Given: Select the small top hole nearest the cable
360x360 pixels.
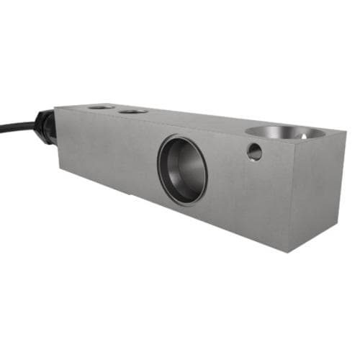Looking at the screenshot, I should pyautogui.click(x=102, y=107).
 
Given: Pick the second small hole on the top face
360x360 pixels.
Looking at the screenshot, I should pyautogui.click(x=133, y=112).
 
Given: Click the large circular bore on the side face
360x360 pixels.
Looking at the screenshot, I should pyautogui.click(x=182, y=170).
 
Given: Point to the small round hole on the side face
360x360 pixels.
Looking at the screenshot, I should pyautogui.click(x=254, y=151).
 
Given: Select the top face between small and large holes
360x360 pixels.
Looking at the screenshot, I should pyautogui.click(x=194, y=119).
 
